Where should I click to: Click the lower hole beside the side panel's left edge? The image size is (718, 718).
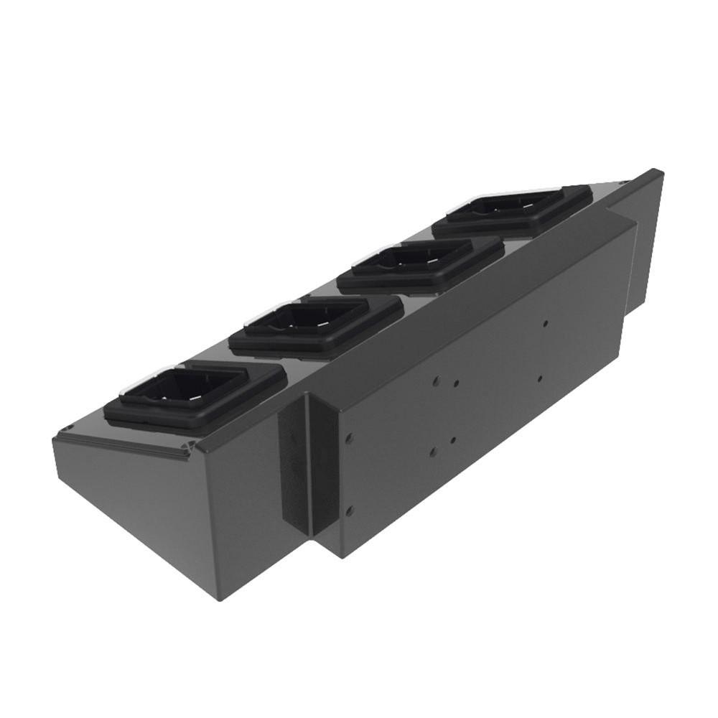350,511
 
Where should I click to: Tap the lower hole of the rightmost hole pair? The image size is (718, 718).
539,377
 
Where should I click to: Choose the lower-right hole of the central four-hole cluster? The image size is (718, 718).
453,439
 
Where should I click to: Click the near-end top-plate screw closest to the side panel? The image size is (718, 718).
190,449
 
